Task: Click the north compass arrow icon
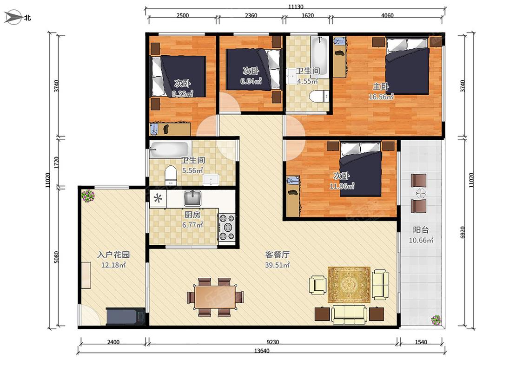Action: [x=13, y=17]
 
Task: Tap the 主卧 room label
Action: [x=381, y=87]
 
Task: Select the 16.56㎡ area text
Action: [x=381, y=97]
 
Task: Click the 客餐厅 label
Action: [x=277, y=255]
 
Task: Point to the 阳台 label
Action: [x=421, y=230]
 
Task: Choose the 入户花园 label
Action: [x=113, y=255]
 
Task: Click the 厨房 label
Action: [x=192, y=215]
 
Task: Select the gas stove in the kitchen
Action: [x=227, y=228]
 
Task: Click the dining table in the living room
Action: [x=215, y=297]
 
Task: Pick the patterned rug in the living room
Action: [x=349, y=284]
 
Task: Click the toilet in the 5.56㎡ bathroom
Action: [x=171, y=176]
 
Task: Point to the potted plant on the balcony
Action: [x=436, y=320]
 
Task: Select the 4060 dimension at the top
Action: [x=387, y=15]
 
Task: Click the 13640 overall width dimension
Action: [x=262, y=351]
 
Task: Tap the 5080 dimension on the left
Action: [x=56, y=257]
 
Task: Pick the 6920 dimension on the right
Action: [x=462, y=232]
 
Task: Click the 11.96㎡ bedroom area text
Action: [x=342, y=186]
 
